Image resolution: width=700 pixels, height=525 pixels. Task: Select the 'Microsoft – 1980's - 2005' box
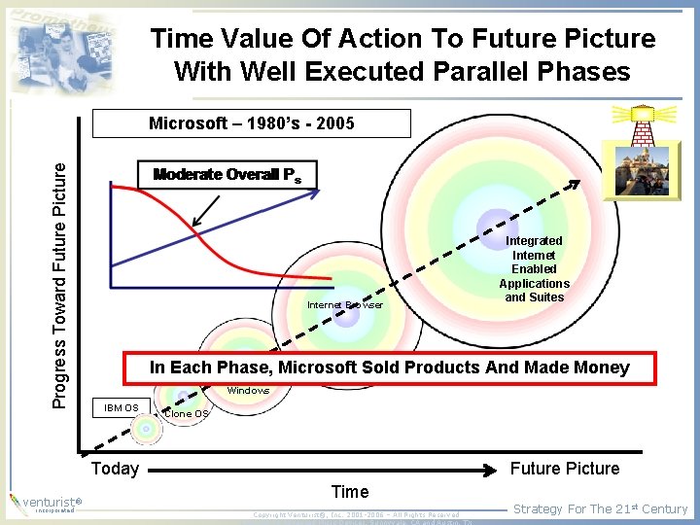[251, 123]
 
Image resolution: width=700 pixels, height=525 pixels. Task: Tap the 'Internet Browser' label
[344, 305]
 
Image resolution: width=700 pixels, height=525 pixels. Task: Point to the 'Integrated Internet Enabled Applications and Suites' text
[534, 268]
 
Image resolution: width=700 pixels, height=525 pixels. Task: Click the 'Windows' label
[248, 391]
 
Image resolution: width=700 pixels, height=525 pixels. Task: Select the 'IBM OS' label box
[121, 407]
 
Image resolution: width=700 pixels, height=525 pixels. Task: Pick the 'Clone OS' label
[186, 414]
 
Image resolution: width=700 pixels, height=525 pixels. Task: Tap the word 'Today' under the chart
[115, 469]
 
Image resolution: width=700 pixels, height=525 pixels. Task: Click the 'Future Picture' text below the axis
[565, 469]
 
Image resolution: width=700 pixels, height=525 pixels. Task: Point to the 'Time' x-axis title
[350, 492]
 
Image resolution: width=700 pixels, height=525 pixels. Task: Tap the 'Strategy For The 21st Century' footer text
[600, 508]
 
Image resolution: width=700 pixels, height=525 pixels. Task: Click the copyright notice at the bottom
[356, 514]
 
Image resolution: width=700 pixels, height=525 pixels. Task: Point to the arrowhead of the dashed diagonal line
[575, 183]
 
